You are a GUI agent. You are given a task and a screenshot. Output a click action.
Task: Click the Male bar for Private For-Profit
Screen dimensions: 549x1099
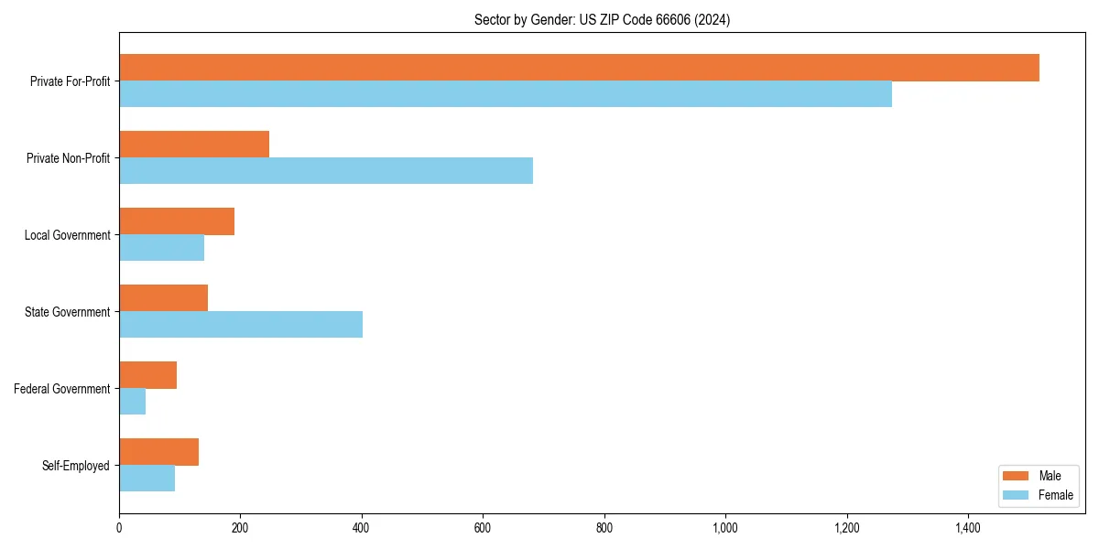click(579, 68)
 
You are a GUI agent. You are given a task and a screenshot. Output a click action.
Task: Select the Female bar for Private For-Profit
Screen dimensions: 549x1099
click(506, 94)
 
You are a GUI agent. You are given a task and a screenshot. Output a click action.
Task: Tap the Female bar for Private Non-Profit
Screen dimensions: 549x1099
click(326, 171)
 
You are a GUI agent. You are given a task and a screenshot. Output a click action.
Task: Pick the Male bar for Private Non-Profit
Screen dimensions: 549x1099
click(194, 145)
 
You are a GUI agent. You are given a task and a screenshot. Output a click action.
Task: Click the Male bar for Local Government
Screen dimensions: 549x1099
click(177, 221)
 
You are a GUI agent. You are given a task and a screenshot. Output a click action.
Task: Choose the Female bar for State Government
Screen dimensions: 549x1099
click(241, 325)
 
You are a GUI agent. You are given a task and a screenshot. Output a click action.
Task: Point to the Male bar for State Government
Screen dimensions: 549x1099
click(163, 298)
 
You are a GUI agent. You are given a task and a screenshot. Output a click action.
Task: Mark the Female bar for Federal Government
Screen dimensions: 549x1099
click(133, 402)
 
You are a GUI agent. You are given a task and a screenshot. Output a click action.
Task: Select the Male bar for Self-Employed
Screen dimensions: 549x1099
click(158, 452)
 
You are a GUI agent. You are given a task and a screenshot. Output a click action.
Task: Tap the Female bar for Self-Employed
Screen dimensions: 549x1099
click(147, 479)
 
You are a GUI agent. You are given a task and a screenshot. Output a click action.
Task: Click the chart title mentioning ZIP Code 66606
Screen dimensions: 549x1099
click(602, 19)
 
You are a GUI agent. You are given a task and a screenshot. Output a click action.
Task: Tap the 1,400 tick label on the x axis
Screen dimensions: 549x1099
click(968, 528)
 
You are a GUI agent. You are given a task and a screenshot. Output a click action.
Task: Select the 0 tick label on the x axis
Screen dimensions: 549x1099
click(119, 528)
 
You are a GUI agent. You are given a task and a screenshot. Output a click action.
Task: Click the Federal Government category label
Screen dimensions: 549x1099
click(62, 389)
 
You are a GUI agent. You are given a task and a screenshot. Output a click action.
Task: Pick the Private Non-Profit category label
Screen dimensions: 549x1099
click(68, 158)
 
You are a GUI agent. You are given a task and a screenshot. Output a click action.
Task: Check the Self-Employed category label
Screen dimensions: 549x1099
click(76, 466)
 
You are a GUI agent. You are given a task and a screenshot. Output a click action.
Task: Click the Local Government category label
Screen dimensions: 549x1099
click(68, 235)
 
